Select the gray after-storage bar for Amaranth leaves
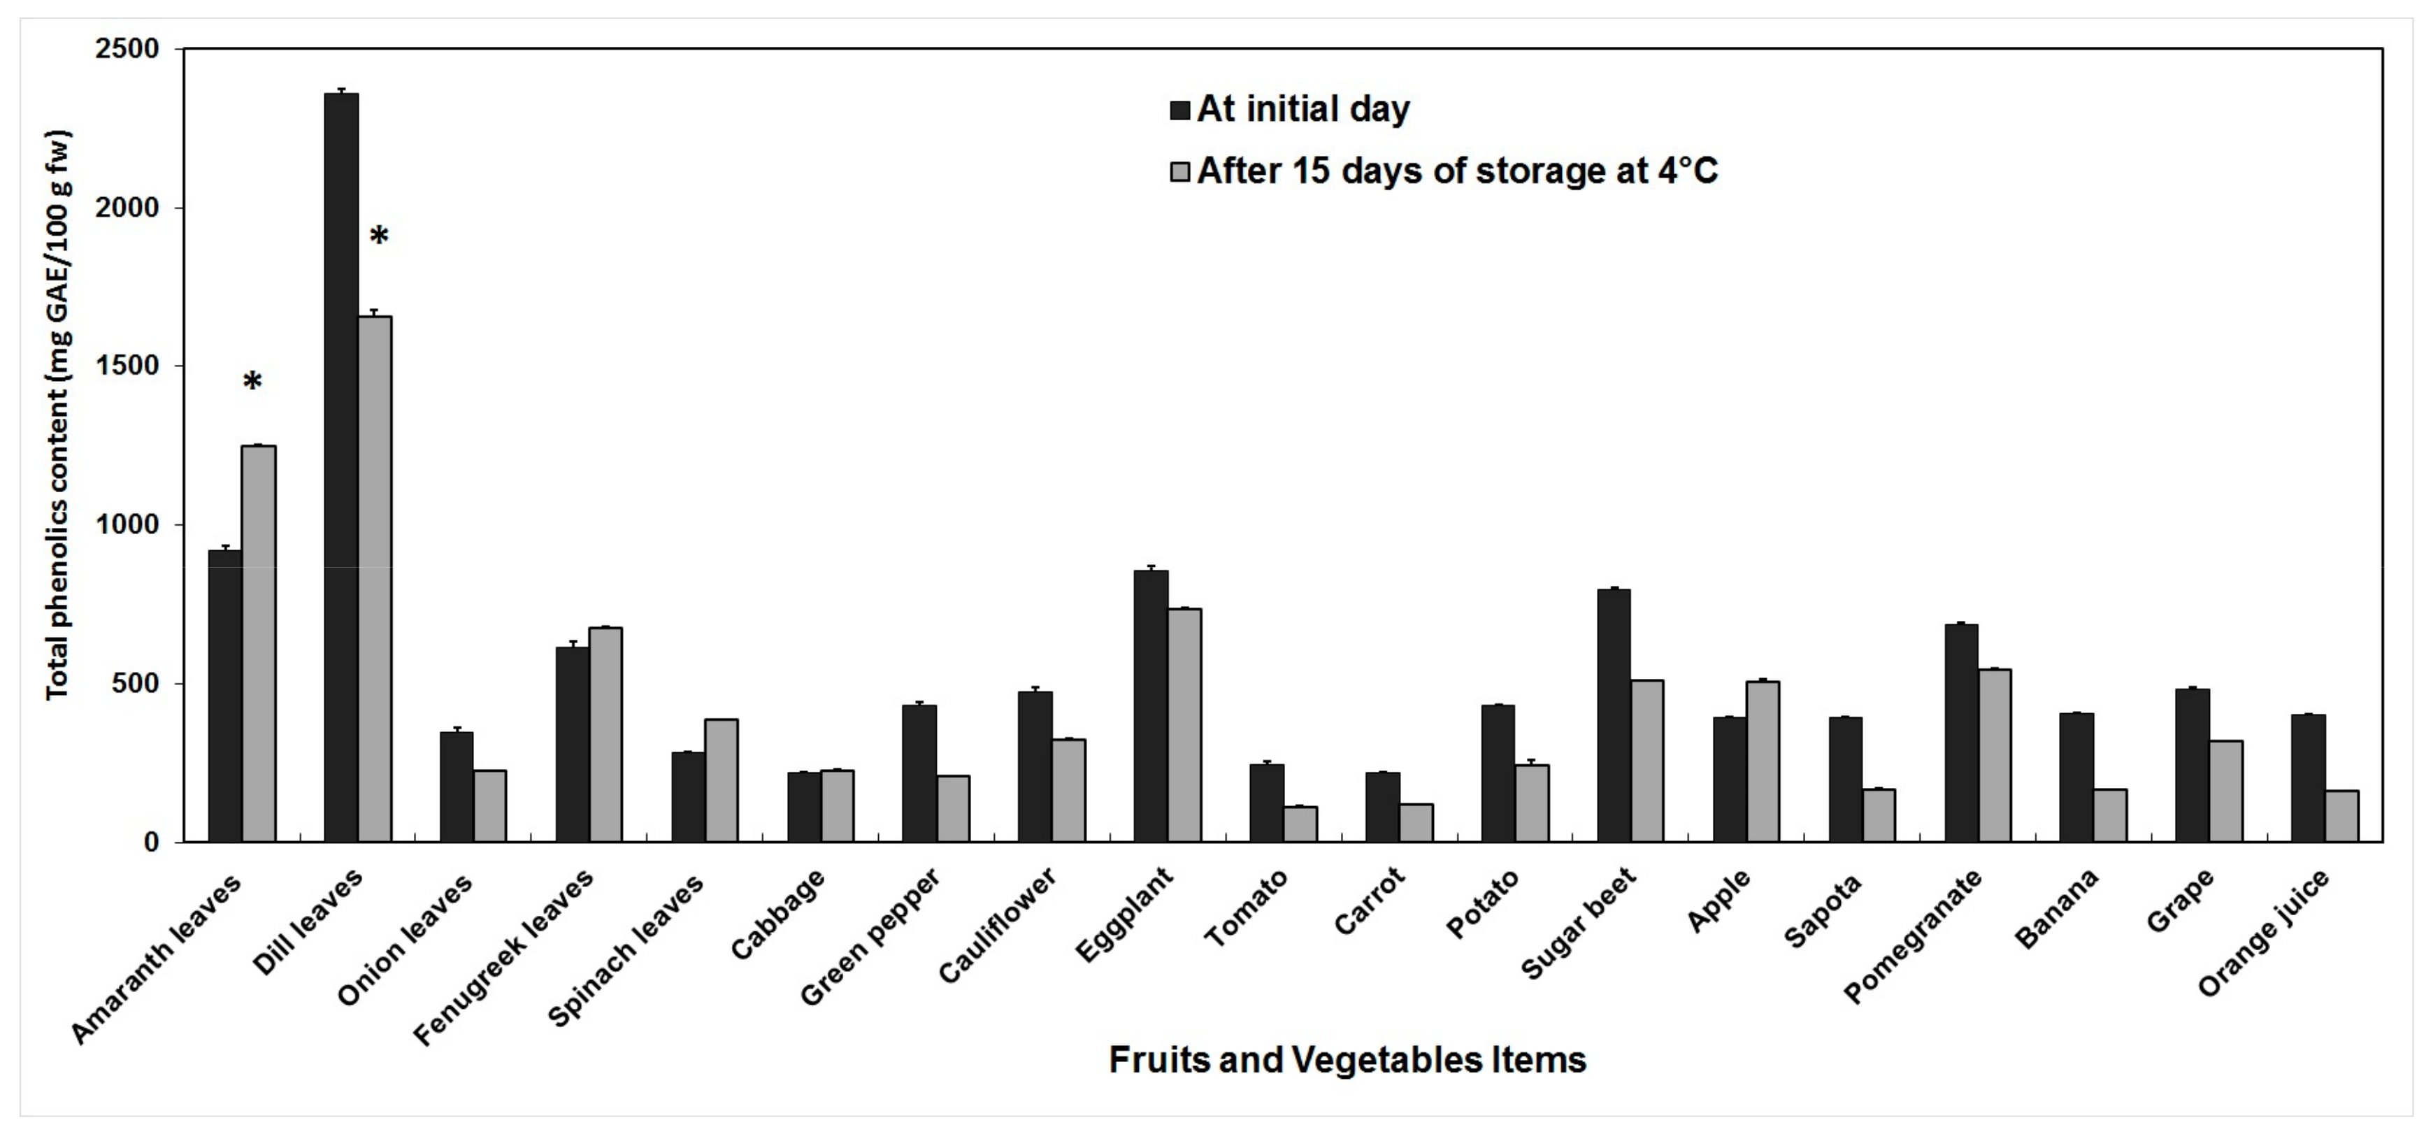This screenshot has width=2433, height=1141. coord(259,643)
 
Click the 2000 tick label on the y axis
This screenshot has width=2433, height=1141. coord(127,208)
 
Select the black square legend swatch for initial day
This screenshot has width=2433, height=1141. coord(1179,110)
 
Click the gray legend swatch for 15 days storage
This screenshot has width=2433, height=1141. coord(1179,172)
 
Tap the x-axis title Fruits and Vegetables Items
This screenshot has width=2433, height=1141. coord(1347,1060)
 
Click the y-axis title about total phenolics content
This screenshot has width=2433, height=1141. coord(59,415)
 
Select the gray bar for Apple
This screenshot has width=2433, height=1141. coord(1763,761)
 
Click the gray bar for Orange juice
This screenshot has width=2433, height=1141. coord(2341,816)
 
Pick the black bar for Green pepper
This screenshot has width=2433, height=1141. coord(919,773)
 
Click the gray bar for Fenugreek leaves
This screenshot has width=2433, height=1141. coord(605,734)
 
